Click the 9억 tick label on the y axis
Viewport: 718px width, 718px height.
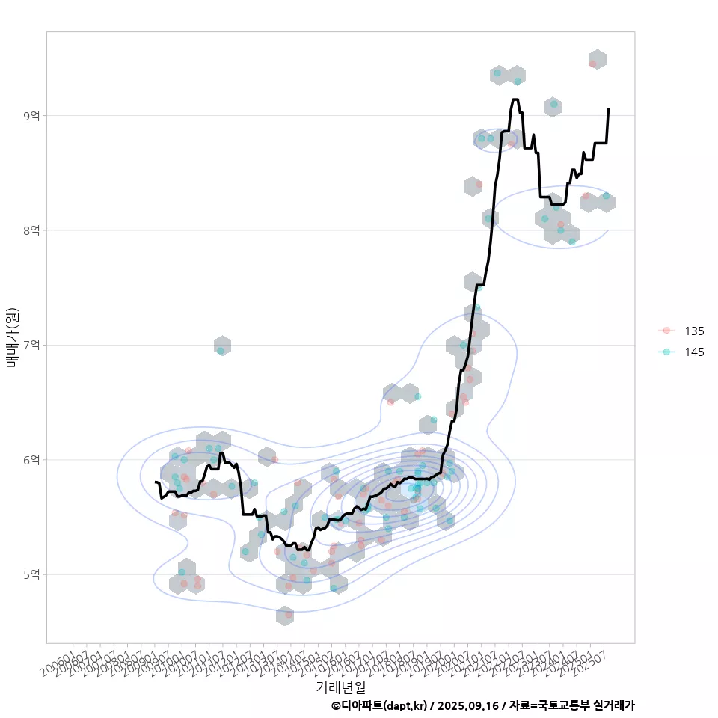click(32, 115)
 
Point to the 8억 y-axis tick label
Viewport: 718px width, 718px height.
click(32, 230)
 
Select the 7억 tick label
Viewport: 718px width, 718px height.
click(32, 345)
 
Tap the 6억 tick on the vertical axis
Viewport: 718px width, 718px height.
click(32, 459)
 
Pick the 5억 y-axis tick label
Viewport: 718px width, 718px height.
click(32, 574)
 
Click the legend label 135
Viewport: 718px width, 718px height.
click(694, 331)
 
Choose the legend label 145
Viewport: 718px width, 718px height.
click(694, 352)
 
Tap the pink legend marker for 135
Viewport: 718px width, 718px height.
click(666, 331)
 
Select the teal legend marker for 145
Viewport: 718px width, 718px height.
click(666, 352)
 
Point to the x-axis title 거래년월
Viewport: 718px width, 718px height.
click(340, 686)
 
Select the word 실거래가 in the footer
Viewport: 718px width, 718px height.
click(613, 705)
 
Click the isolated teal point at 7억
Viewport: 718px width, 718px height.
click(221, 350)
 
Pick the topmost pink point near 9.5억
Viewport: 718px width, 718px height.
click(592, 64)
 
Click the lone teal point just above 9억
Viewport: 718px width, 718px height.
click(553, 105)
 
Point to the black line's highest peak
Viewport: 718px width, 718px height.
click(515, 99)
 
